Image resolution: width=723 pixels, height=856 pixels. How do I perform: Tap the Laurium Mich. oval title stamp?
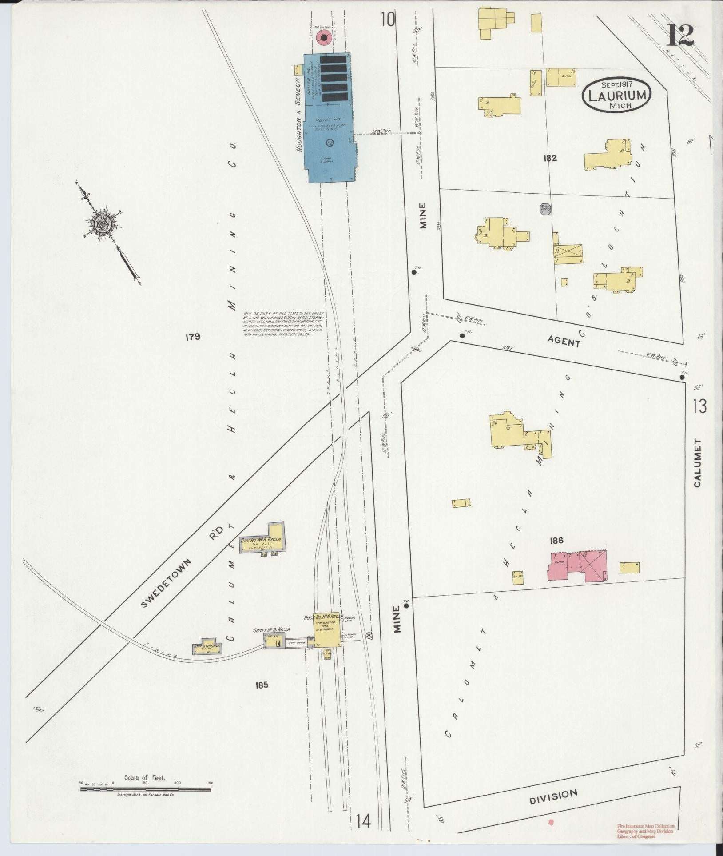coord(617,95)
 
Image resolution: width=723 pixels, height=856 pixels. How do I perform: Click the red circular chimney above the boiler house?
coord(324,38)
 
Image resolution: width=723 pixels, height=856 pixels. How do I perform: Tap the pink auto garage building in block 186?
coord(577,565)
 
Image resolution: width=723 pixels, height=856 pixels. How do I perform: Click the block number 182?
coord(549,158)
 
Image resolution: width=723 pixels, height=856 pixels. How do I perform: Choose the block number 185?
coord(262,685)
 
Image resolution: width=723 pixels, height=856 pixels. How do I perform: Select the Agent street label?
coord(564,342)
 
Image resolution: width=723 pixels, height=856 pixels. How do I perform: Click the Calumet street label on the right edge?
coord(698,462)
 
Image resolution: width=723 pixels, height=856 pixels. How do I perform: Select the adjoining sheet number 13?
coord(699,406)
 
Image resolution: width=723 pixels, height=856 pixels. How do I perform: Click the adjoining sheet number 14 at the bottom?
coord(363,821)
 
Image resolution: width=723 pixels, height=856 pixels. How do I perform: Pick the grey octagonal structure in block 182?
coord(545,209)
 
